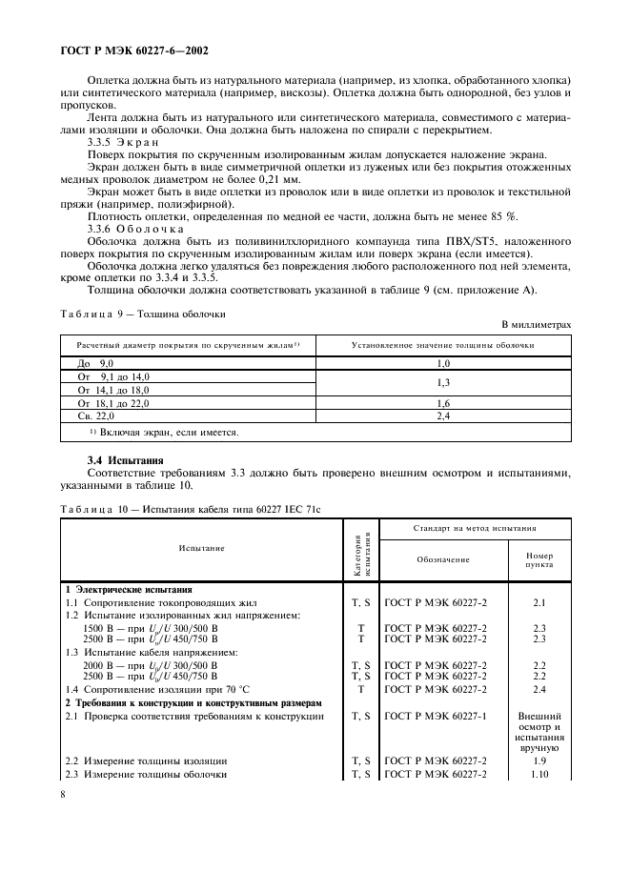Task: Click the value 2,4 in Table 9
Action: pos(442,416)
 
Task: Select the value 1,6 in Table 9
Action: pos(442,404)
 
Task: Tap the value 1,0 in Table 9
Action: pos(442,364)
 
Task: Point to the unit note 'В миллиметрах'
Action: pos(536,324)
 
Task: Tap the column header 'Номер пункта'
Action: pos(539,559)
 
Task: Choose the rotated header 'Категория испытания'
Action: pos(361,549)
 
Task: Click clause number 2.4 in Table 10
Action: pos(539,688)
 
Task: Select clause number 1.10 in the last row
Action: pos(539,775)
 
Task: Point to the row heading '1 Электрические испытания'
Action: pos(129,590)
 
